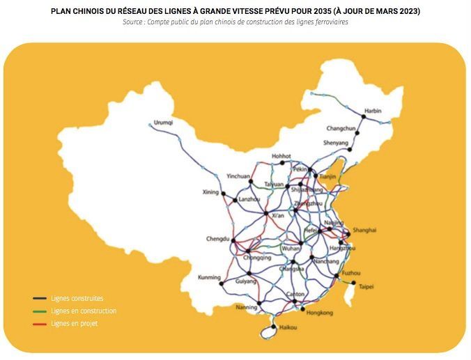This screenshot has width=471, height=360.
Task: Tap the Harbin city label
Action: click(x=373, y=110)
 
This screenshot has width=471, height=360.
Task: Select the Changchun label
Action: click(x=341, y=129)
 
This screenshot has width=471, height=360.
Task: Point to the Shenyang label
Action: click(x=336, y=143)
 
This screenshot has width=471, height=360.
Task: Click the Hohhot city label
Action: click(x=281, y=156)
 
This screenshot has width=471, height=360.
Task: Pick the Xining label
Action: click(x=210, y=191)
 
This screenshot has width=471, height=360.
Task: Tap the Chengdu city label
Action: click(x=218, y=240)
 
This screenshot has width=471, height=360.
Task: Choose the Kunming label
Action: click(x=208, y=277)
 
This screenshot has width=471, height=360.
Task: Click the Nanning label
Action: click(x=246, y=307)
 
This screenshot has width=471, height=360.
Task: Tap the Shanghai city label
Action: click(x=364, y=230)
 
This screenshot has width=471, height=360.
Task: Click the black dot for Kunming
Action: click(x=221, y=282)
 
